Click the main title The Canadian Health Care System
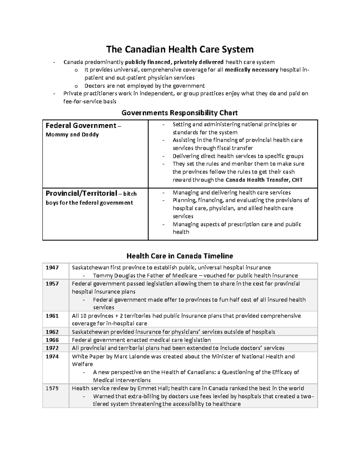tap(180, 49)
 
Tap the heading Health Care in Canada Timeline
tap(180, 256)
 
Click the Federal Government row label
tap(81, 125)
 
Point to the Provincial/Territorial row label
tap(81, 193)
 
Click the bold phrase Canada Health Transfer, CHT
tap(264, 180)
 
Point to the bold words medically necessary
tap(251, 70)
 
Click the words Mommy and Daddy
tap(72, 135)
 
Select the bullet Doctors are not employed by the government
tap(145, 86)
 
